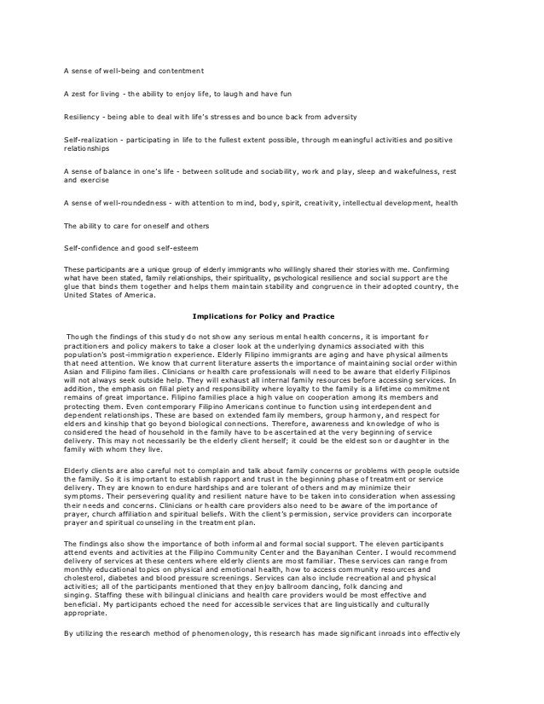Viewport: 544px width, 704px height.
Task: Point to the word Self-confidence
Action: point(90,248)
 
